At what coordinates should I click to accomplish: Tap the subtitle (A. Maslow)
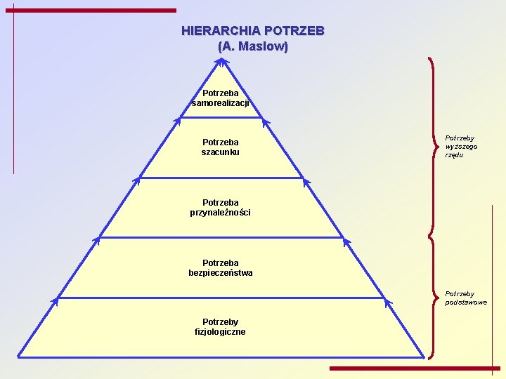click(253, 47)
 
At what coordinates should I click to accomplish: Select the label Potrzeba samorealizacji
click(221, 98)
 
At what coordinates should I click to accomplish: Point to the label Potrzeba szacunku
click(221, 147)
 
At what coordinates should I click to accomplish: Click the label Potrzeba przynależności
click(221, 207)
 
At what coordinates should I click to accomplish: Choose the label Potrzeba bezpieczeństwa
click(221, 267)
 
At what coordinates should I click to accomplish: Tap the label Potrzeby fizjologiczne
click(221, 326)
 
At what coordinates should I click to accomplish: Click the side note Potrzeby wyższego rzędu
click(460, 147)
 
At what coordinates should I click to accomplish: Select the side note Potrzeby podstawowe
click(465, 298)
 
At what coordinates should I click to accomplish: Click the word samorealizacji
click(221, 103)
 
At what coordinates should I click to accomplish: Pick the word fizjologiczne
click(221, 331)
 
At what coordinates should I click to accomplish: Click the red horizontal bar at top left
click(96, 11)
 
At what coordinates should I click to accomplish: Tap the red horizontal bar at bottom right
click(415, 368)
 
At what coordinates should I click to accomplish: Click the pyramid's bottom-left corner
click(19, 356)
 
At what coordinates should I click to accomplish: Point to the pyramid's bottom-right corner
click(424, 356)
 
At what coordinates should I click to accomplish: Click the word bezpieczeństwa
click(221, 272)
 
